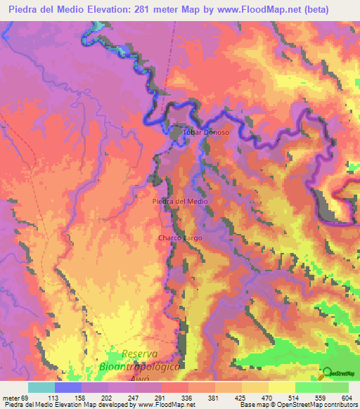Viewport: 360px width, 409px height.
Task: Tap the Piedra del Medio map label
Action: pos(180,202)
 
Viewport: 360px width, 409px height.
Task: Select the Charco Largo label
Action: pos(180,238)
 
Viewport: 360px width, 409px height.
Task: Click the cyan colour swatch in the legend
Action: pos(41,387)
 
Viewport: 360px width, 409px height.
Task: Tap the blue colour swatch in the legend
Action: pos(68,387)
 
